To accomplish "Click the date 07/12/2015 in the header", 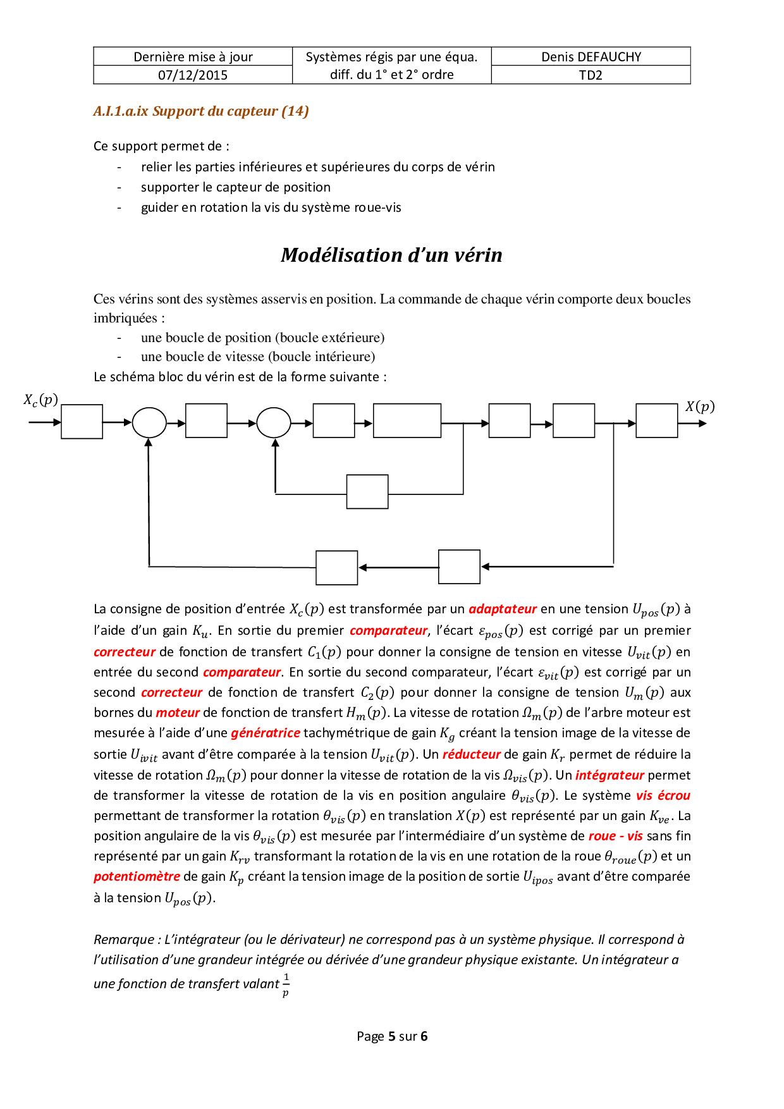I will click(x=193, y=75).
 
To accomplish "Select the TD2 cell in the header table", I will click(x=591, y=75).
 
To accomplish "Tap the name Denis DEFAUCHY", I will click(x=591, y=57).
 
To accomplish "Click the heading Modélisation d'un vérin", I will click(x=391, y=255).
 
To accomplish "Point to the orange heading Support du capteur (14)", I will click(x=201, y=111).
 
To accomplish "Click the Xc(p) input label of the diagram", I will click(x=41, y=400).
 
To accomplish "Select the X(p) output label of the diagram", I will click(x=700, y=407).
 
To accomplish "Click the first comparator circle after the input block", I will click(x=149, y=422).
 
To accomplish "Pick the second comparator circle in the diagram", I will click(x=274, y=422).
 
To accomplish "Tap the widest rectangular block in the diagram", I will click(x=407, y=420).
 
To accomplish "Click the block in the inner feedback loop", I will click(x=367, y=492).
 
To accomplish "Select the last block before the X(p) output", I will click(x=656, y=421).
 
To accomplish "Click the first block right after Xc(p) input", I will click(x=82, y=422).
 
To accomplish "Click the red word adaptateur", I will click(x=503, y=609).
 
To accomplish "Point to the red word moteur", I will click(x=178, y=713).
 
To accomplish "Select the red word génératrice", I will click(x=266, y=733).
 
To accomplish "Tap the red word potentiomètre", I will click(x=137, y=876).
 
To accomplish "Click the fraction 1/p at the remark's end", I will click(x=286, y=985).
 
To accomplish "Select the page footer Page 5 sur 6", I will click(x=392, y=1036).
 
